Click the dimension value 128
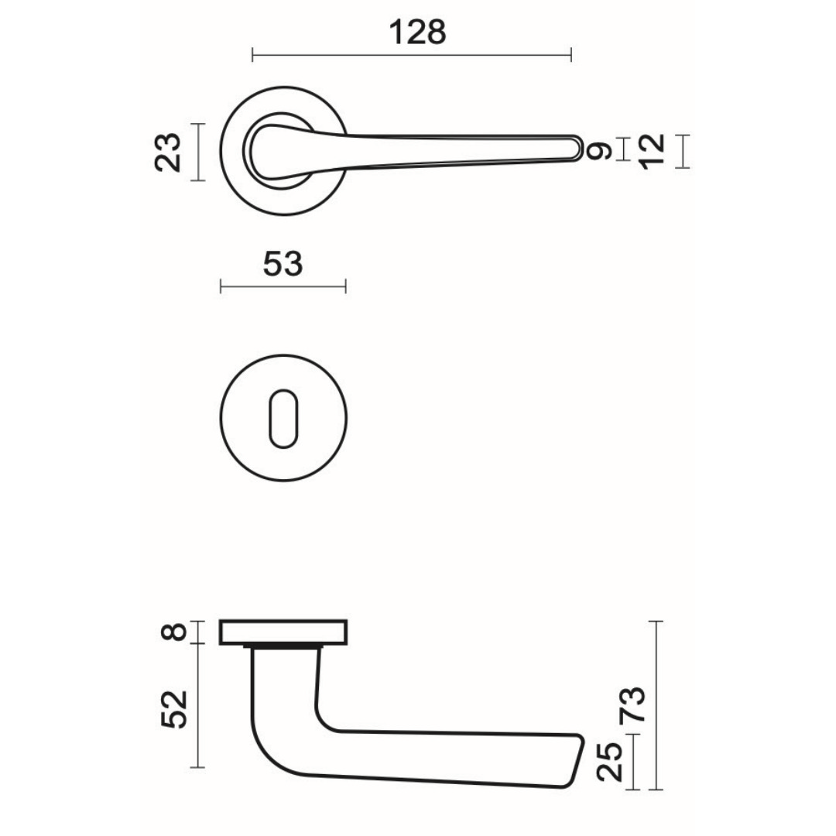coord(417,32)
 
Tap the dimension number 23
coord(169,152)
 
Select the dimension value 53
coord(283,264)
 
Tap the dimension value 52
coord(174,709)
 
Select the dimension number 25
coord(610,762)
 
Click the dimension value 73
coord(632,704)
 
